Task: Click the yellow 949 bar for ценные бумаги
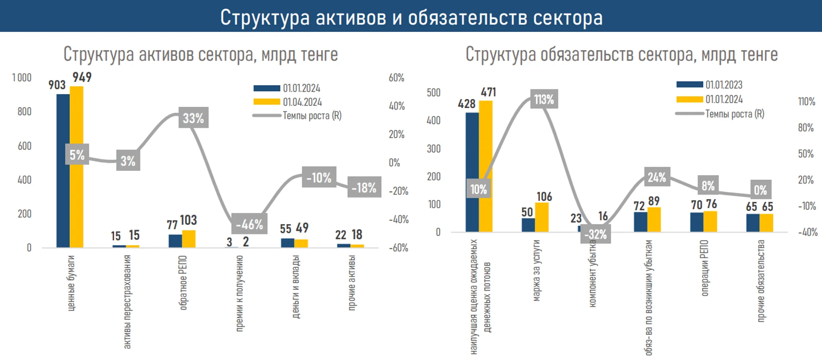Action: click(76, 167)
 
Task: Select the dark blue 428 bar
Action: click(472, 172)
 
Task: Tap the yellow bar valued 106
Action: click(542, 217)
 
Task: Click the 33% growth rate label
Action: click(193, 118)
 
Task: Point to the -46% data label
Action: click(249, 224)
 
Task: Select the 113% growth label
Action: click(544, 99)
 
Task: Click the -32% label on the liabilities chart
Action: click(596, 234)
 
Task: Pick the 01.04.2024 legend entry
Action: click(288, 102)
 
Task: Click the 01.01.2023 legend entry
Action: click(709, 84)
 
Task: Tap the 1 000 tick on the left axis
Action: click(22, 78)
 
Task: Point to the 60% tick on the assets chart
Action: click(396, 78)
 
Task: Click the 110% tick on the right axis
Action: click(806, 101)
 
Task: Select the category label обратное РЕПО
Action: click(183, 282)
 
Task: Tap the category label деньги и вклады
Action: click(295, 287)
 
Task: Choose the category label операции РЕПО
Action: click(704, 268)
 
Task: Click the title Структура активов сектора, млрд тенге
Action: click(201, 54)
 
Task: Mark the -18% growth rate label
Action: click(364, 187)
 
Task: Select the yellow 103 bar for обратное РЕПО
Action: click(189, 239)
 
